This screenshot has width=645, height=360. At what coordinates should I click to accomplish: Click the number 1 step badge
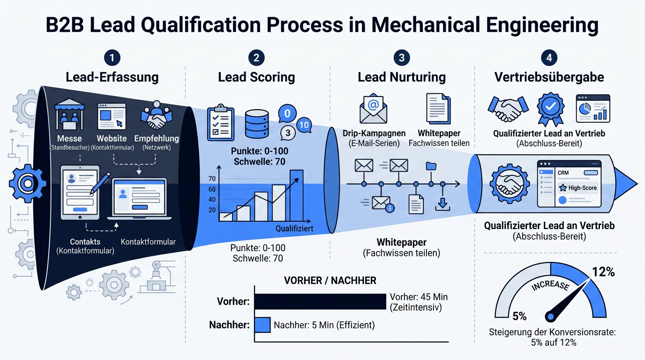click(x=112, y=58)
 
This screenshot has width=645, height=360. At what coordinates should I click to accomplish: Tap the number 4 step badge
click(x=549, y=58)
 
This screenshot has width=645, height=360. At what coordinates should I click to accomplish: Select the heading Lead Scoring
click(x=256, y=77)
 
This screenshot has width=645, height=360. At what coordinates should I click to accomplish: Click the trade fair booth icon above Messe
click(x=69, y=114)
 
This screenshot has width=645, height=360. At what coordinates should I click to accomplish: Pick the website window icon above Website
click(x=112, y=116)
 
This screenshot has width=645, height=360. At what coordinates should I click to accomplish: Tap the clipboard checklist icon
click(x=221, y=123)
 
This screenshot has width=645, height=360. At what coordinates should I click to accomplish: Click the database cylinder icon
click(x=257, y=124)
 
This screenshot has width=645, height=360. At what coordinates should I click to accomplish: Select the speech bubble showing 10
click(x=304, y=125)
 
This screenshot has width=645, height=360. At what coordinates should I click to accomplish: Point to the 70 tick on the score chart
click(x=212, y=179)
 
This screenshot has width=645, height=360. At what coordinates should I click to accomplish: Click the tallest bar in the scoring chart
click(x=296, y=195)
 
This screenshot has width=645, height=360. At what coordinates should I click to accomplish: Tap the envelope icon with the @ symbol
click(x=374, y=109)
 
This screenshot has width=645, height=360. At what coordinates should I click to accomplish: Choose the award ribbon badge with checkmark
click(x=551, y=109)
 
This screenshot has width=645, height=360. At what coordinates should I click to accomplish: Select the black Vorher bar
click(x=320, y=301)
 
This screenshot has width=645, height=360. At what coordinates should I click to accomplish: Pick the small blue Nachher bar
click(x=262, y=325)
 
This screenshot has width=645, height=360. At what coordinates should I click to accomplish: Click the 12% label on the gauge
click(x=603, y=271)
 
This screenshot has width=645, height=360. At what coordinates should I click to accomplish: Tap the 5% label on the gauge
click(x=519, y=316)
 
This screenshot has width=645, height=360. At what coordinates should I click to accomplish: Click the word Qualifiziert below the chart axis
click(x=294, y=229)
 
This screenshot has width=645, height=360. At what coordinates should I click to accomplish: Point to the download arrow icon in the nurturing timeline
click(x=442, y=204)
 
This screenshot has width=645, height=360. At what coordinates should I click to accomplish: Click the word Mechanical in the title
click(x=426, y=24)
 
